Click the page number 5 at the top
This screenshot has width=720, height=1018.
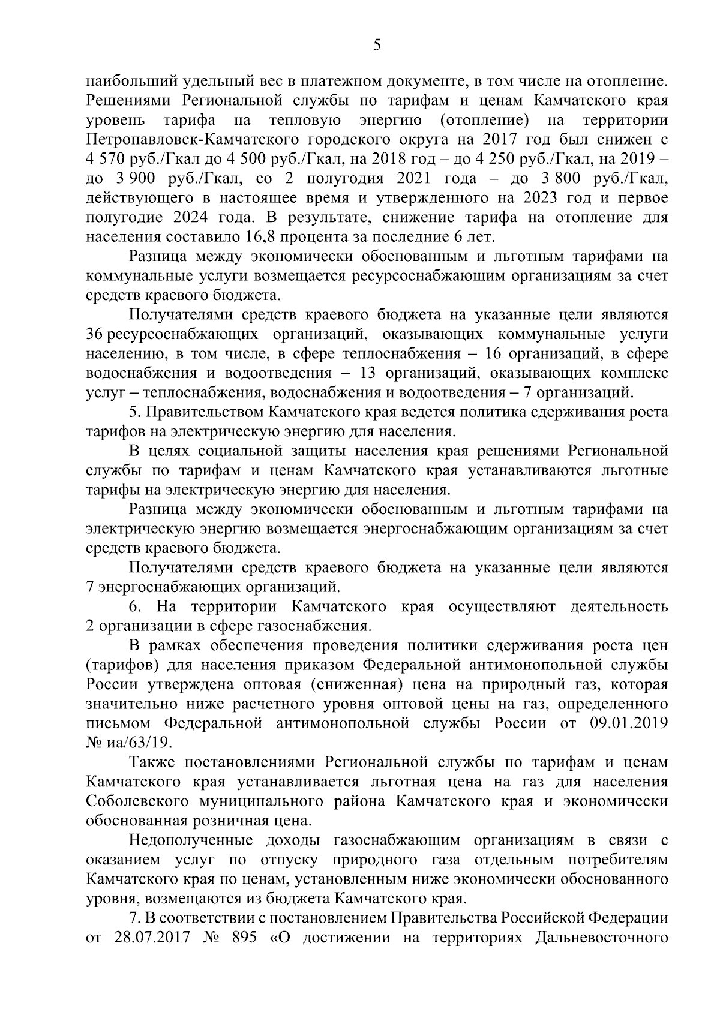click(376, 46)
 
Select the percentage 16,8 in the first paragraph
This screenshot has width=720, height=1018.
click(260, 236)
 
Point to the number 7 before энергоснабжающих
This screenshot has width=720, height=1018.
click(91, 585)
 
